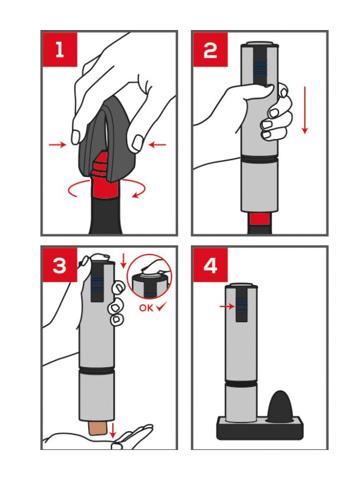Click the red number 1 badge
click(x=60, y=50)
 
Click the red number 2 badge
click(x=211, y=50)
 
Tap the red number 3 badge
click(x=60, y=265)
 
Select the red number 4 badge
click(x=211, y=265)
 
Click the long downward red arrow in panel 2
click(x=305, y=110)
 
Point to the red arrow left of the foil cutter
click(x=58, y=144)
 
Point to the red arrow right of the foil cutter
click(x=157, y=144)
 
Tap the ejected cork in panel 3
click(x=98, y=428)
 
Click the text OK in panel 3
click(x=146, y=308)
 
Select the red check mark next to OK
click(x=161, y=307)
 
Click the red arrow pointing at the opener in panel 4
click(x=227, y=306)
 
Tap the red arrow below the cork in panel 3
click(x=113, y=430)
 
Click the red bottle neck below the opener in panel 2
click(x=260, y=218)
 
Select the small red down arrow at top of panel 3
click(x=123, y=261)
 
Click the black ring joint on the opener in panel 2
click(x=260, y=158)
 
